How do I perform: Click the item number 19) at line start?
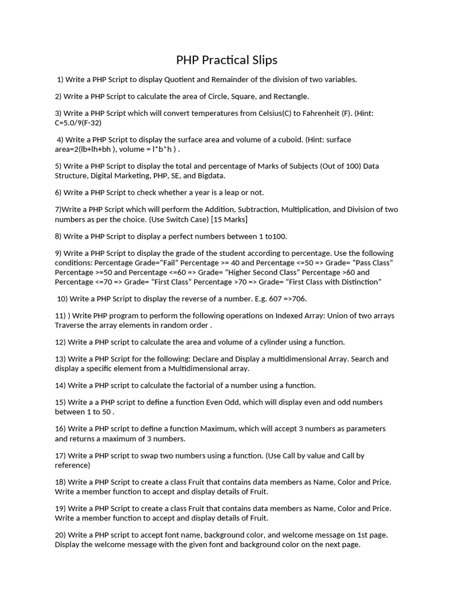pos(60,508)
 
